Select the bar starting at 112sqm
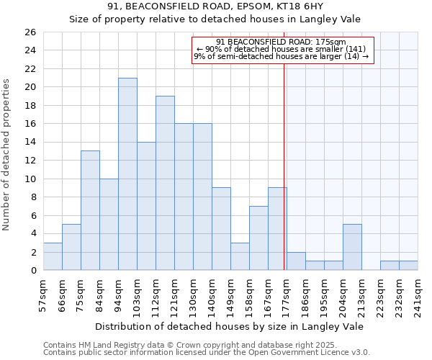[x=165, y=183]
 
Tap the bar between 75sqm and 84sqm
[x=90, y=210]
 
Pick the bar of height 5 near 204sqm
[x=352, y=247]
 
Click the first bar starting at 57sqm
[x=53, y=256]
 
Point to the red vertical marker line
[x=284, y=166]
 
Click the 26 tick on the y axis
[x=30, y=32]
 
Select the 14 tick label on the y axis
[x=30, y=143]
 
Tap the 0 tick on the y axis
[x=32, y=271]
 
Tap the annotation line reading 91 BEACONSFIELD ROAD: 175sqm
[x=281, y=42]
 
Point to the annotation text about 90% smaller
[x=281, y=49]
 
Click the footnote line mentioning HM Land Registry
[x=206, y=345]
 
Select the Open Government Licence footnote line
[x=206, y=353]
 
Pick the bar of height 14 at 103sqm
[x=146, y=206]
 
